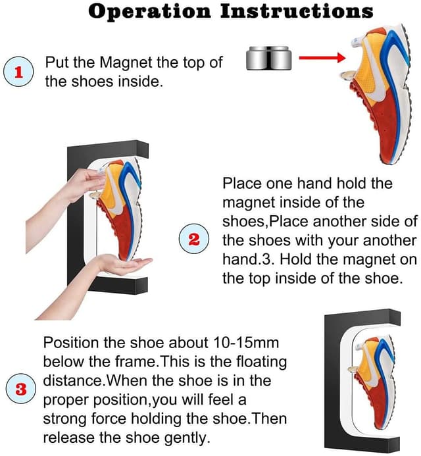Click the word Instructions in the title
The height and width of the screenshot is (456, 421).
click(298, 11)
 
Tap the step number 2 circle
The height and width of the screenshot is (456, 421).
click(194, 239)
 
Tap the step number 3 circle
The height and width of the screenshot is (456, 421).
click(21, 389)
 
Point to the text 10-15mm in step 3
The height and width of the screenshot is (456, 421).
click(234, 343)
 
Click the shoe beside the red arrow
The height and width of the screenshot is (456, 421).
click(381, 99)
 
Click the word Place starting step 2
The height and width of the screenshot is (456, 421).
click(241, 183)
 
